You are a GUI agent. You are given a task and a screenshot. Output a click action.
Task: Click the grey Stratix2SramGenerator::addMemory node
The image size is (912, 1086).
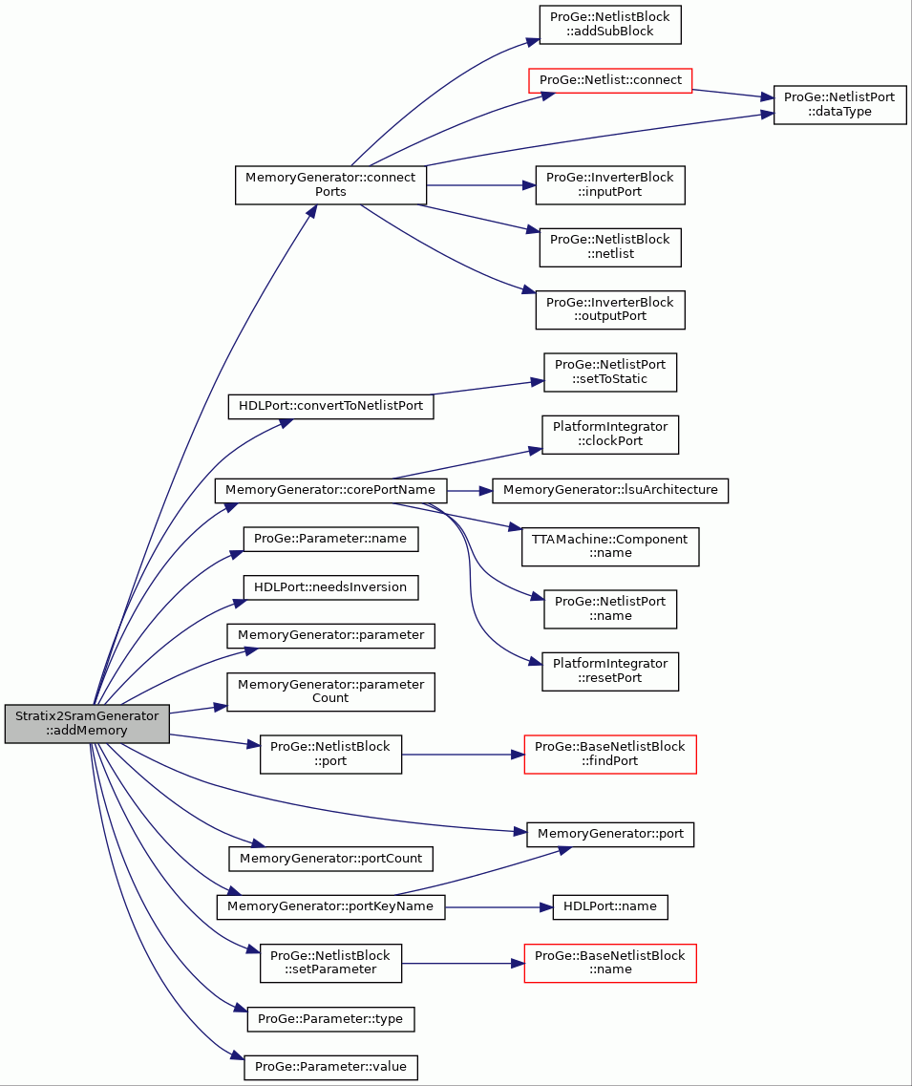point(87,724)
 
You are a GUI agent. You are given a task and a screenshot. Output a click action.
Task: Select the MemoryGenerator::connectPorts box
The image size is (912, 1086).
point(330,185)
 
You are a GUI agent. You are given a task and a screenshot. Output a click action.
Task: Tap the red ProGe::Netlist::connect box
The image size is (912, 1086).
point(610,80)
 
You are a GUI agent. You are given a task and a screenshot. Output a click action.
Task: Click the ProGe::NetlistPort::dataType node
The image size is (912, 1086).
point(839,104)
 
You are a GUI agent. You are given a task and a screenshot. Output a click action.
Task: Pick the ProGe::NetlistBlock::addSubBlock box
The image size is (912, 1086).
point(610,25)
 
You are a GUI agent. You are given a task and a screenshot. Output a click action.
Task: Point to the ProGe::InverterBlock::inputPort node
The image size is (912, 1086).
point(610,185)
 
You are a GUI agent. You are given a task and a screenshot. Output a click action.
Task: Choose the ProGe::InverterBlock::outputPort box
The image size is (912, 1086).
point(610,309)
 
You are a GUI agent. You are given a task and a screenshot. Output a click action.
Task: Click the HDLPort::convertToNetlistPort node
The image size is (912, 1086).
point(331,406)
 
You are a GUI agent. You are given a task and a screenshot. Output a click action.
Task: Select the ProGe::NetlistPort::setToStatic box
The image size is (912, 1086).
point(610,373)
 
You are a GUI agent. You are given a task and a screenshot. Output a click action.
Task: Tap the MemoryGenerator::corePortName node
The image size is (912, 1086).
point(330,490)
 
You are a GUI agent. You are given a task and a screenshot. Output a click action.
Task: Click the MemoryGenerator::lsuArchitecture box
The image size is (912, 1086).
point(610,490)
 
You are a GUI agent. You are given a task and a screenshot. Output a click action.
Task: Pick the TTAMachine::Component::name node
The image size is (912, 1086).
point(610,546)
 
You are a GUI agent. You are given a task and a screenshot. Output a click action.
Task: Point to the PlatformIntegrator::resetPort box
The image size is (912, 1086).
point(610,671)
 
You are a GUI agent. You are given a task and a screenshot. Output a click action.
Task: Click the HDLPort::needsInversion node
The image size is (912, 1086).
point(330,587)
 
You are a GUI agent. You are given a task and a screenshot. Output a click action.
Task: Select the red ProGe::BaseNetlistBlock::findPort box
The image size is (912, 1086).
point(610,755)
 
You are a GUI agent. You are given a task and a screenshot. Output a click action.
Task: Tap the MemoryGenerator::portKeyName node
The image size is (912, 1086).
point(330,906)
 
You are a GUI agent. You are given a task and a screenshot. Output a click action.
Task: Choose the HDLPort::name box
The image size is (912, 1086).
point(610,906)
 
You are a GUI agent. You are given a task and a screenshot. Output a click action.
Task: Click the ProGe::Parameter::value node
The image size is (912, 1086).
point(330,1067)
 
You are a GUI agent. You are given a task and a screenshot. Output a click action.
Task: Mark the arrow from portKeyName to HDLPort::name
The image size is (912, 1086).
point(498,906)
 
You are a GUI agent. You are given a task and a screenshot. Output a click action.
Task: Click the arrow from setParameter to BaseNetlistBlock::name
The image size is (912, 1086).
point(462,964)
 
